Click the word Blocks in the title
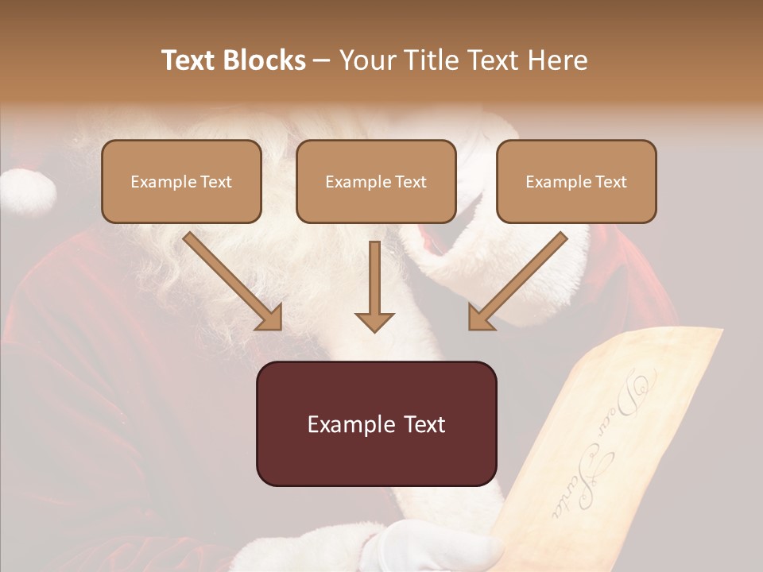[265, 60]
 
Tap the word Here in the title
[558, 60]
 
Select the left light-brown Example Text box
[181, 181]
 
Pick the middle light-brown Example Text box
[376, 181]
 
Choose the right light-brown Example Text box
[576, 181]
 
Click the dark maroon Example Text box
[376, 423]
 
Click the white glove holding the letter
[429, 548]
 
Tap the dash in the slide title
[322, 60]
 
